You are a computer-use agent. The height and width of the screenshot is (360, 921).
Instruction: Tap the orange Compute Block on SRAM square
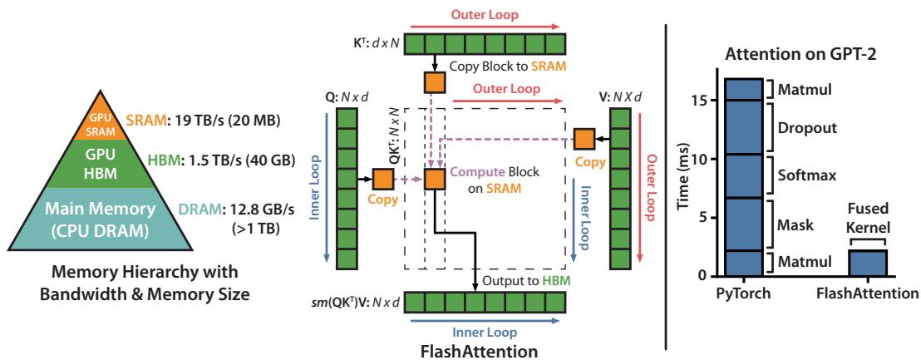pos(434,179)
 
